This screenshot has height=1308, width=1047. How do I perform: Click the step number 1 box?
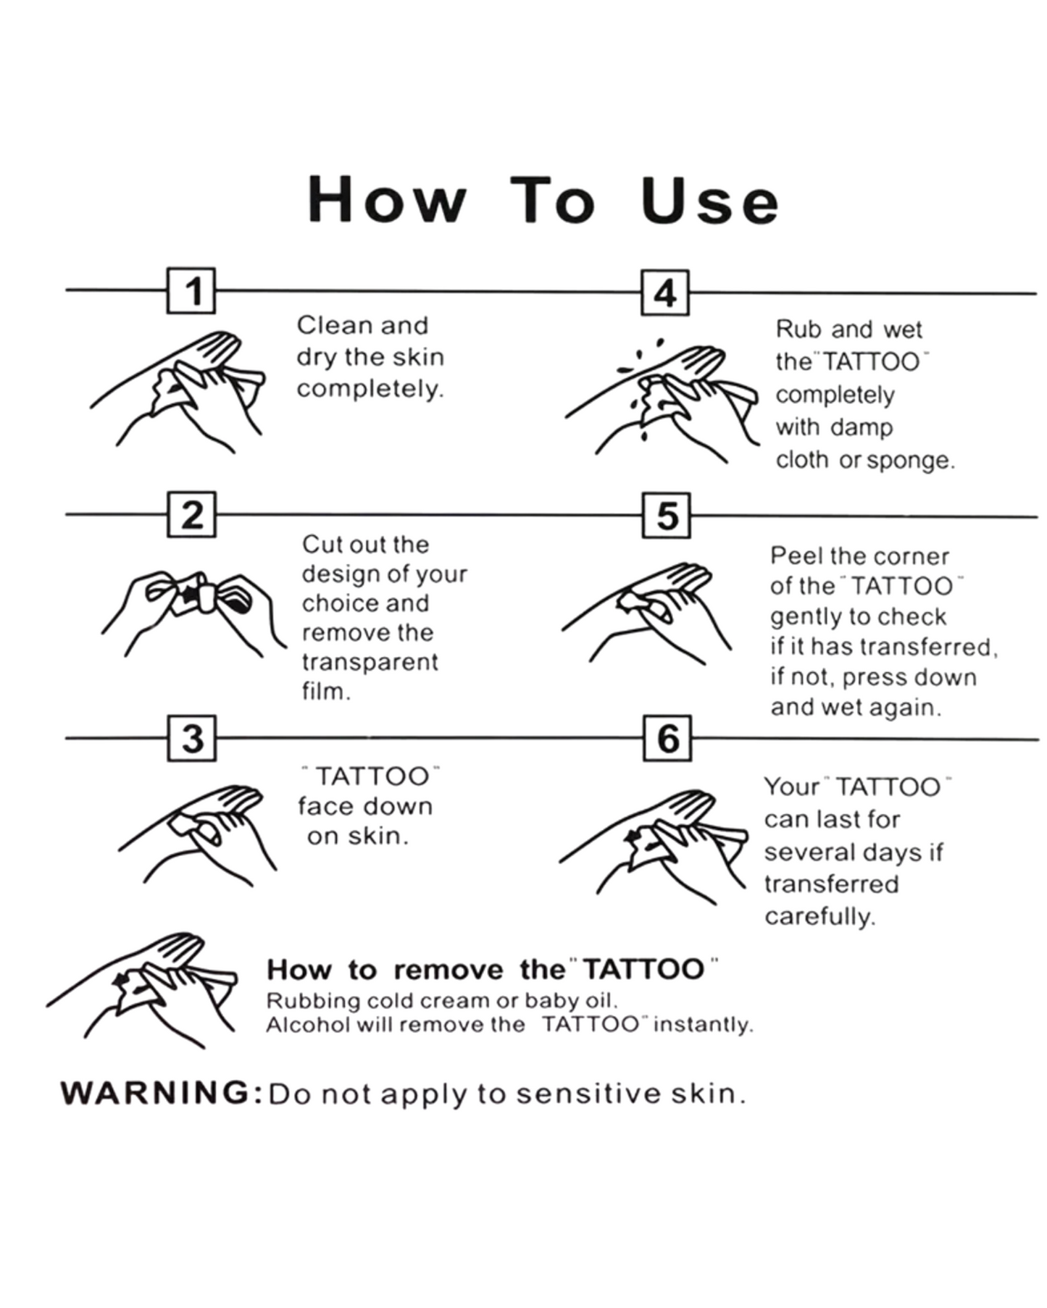point(191,290)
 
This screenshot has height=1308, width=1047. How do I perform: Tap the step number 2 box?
point(192,514)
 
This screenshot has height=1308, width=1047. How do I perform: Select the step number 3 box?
point(192,738)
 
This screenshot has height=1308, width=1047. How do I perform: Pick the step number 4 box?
point(665,293)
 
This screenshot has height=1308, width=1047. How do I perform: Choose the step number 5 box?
point(667,516)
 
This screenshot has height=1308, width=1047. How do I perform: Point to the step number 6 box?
point(667,739)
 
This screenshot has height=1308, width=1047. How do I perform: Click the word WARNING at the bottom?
point(156,1093)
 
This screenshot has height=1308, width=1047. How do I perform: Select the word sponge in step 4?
point(911,461)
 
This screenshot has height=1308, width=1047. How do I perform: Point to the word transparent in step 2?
point(370,663)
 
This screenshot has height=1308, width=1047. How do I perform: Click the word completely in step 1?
point(370,389)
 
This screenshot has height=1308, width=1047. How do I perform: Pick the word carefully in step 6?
point(820,917)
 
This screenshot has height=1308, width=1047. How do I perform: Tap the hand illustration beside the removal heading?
point(142,990)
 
